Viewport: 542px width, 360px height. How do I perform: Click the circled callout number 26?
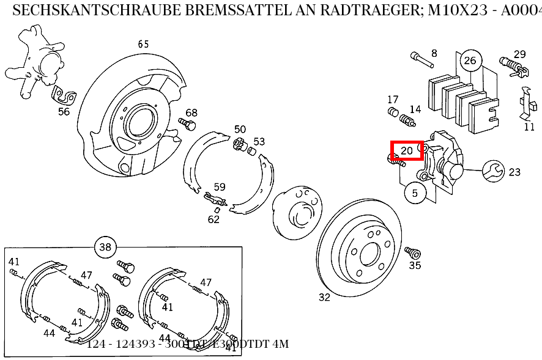[x=470, y=60]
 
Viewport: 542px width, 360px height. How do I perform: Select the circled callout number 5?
[x=415, y=193]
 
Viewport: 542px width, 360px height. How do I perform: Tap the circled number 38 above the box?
[x=105, y=247]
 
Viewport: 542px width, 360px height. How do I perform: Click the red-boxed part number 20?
[x=407, y=150]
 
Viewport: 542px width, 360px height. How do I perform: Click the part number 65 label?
[x=143, y=44]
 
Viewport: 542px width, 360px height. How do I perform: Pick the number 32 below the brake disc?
[x=324, y=298]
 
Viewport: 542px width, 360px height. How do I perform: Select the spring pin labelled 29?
[x=511, y=64]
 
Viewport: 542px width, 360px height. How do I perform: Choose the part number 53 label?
[x=259, y=142]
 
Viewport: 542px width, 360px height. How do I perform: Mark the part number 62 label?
[x=213, y=219]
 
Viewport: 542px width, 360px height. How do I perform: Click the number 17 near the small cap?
[x=393, y=100]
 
